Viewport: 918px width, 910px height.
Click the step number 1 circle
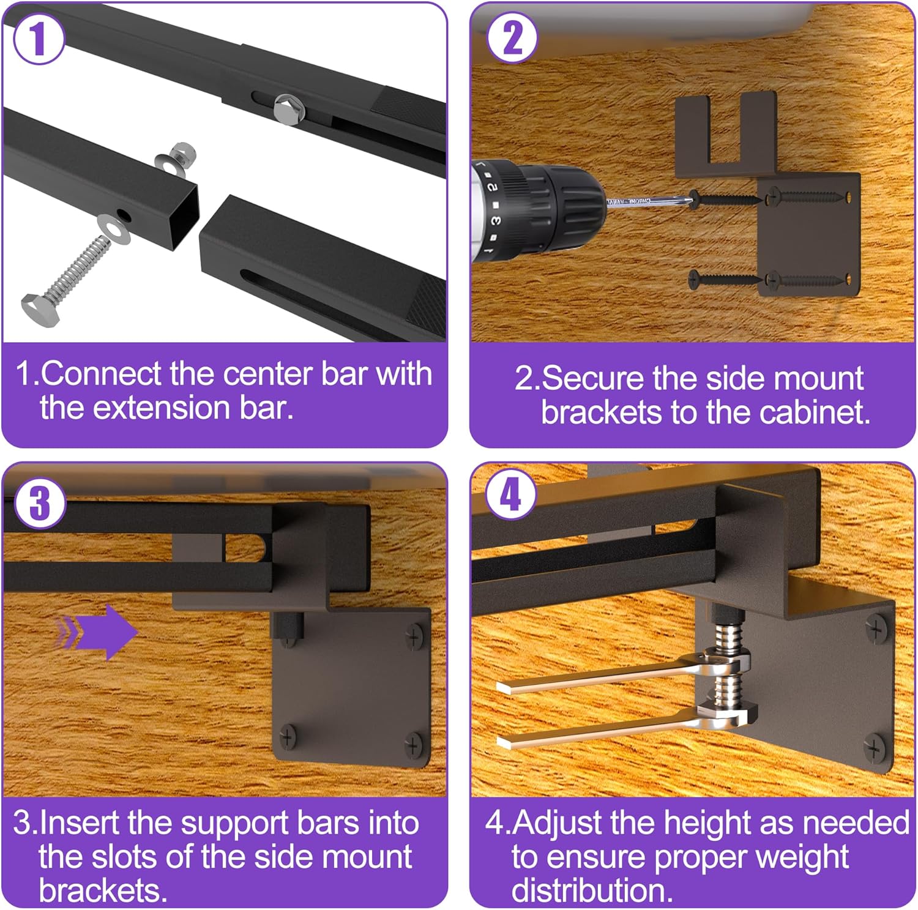39,38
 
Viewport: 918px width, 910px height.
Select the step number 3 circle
39,503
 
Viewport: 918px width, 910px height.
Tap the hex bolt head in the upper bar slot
285,108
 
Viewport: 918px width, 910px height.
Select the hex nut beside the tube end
182,152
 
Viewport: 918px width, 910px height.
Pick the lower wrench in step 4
612,731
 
